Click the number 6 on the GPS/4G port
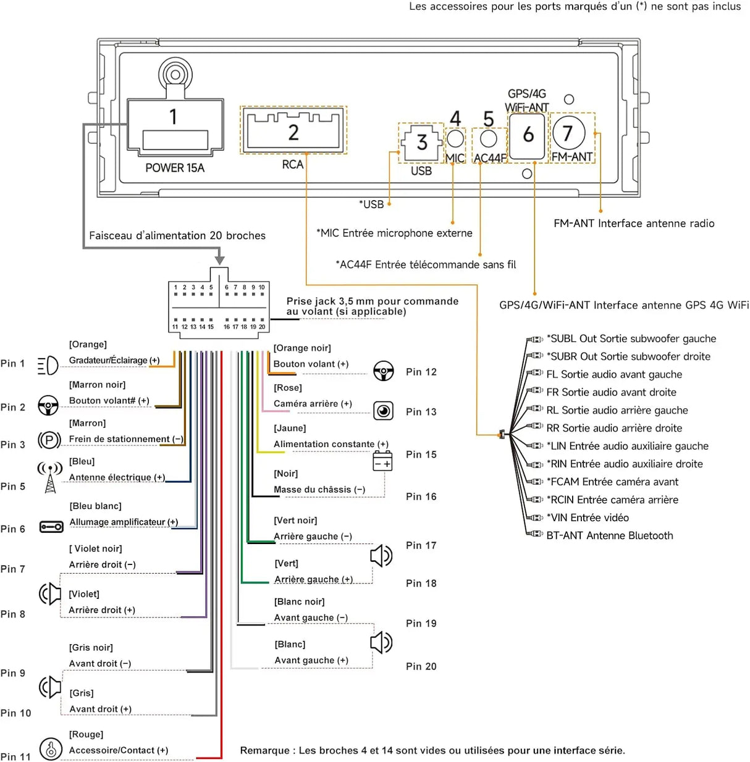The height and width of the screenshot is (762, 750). (528, 135)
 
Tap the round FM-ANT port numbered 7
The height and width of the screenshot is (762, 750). (569, 133)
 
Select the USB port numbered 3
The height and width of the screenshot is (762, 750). (421, 143)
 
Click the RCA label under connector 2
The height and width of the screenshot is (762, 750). (292, 164)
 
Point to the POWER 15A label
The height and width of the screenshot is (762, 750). (175, 168)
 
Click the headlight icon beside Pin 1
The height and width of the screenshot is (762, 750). (48, 365)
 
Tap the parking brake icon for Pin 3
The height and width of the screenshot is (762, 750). (49, 440)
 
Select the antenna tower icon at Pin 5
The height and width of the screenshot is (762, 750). (50, 477)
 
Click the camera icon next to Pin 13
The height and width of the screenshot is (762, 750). (383, 411)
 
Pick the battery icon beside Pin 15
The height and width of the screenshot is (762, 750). (382, 461)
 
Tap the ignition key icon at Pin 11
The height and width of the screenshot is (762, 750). (51, 748)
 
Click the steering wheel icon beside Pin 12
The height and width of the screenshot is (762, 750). (384, 371)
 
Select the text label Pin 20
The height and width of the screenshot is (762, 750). (421, 666)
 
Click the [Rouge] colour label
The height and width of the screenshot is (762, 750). (86, 734)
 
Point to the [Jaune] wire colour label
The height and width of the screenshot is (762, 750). (290, 428)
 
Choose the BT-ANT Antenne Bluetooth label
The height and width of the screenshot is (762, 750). (610, 535)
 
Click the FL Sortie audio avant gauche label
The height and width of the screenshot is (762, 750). (614, 374)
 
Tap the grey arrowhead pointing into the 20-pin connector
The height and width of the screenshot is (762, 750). (220, 260)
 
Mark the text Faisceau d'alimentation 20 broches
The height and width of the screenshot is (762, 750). (177, 236)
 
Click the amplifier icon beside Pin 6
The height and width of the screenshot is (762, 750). (51, 527)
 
